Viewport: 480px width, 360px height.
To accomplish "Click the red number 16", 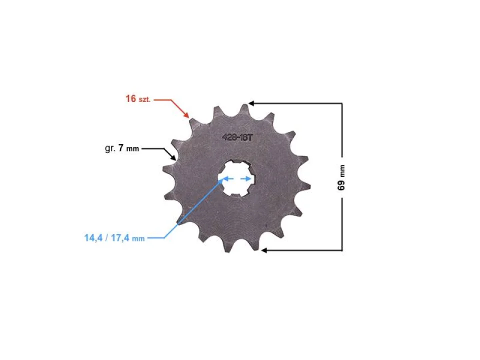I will pos(131,98).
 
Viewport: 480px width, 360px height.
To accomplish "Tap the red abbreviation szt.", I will pos(144,99).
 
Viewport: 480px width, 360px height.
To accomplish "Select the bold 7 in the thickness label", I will pos(121,148).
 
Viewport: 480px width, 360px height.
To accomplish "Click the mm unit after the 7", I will pos(132,149).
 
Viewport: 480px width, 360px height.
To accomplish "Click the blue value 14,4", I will pos(92,238).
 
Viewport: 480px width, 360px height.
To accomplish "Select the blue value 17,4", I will pos(120,238).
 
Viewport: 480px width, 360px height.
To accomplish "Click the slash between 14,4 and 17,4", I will pos(106,238).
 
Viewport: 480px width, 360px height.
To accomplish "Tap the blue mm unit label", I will pos(138,239).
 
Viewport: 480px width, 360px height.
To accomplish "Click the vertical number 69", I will pos(341,184).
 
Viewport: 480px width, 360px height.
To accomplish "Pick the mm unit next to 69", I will pos(342,171).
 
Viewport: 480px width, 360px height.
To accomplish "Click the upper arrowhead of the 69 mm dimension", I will pos(251,103).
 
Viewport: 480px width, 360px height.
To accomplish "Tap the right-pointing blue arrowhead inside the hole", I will pos(247,178).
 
